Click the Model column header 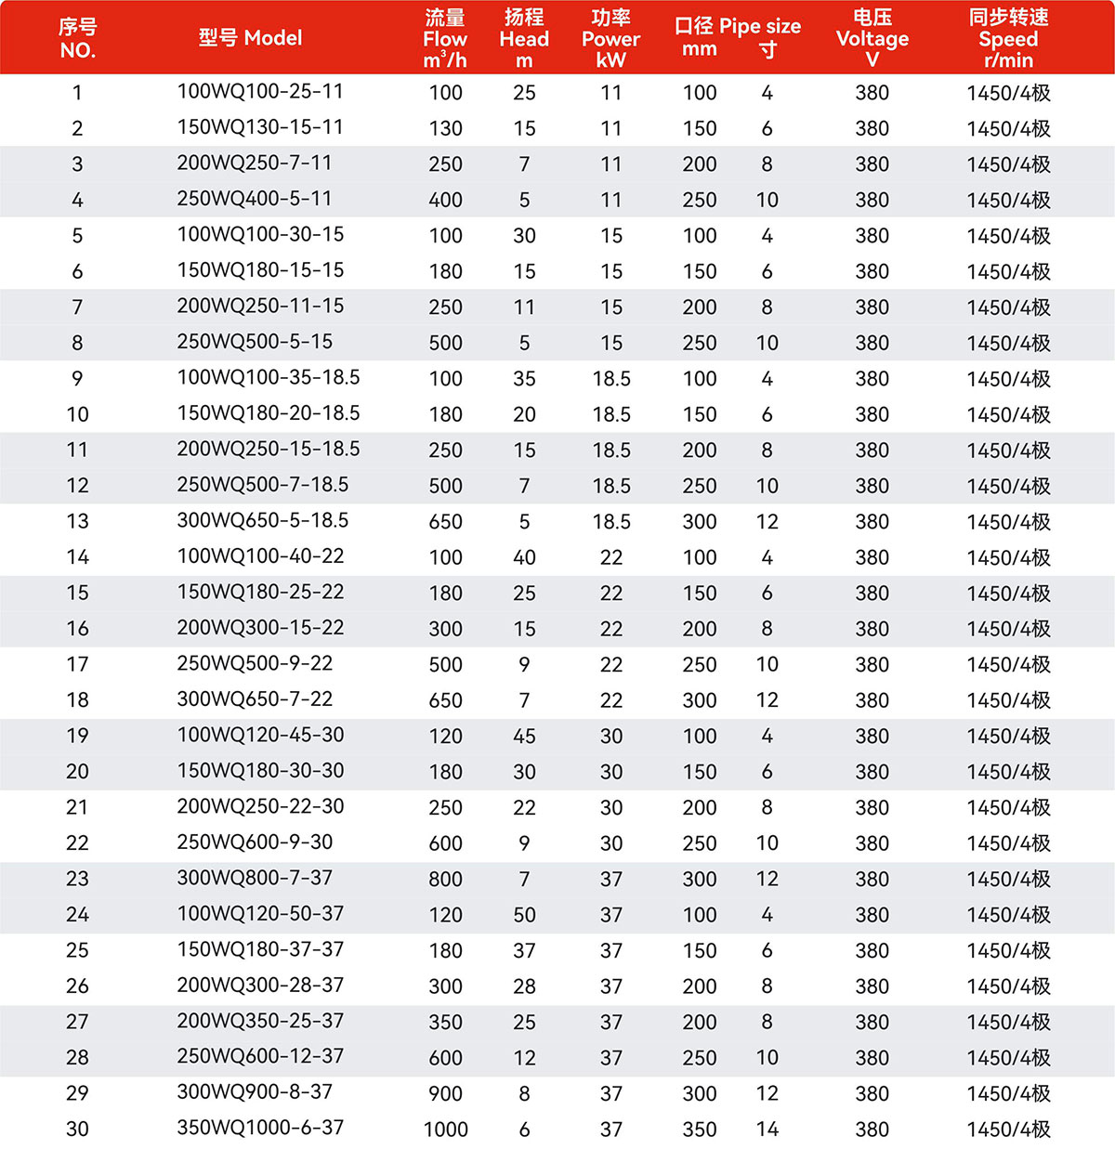pos(250,38)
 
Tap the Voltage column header pos(872,38)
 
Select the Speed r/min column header pos(1008,38)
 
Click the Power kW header pos(610,38)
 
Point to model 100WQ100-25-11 pos(260,92)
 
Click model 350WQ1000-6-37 pos(260,1128)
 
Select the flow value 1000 pos(445,1129)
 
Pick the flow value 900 pos(445,1093)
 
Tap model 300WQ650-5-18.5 pos(262,521)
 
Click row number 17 pos(77,664)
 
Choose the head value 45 pos(524,736)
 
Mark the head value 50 pos(524,915)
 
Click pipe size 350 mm pos(699,1129)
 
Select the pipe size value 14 pos(767,1129)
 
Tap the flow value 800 pos(445,879)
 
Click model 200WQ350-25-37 pos(260,1021)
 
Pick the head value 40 pos(524,557)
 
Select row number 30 pos(77,1129)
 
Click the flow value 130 pos(445,128)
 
